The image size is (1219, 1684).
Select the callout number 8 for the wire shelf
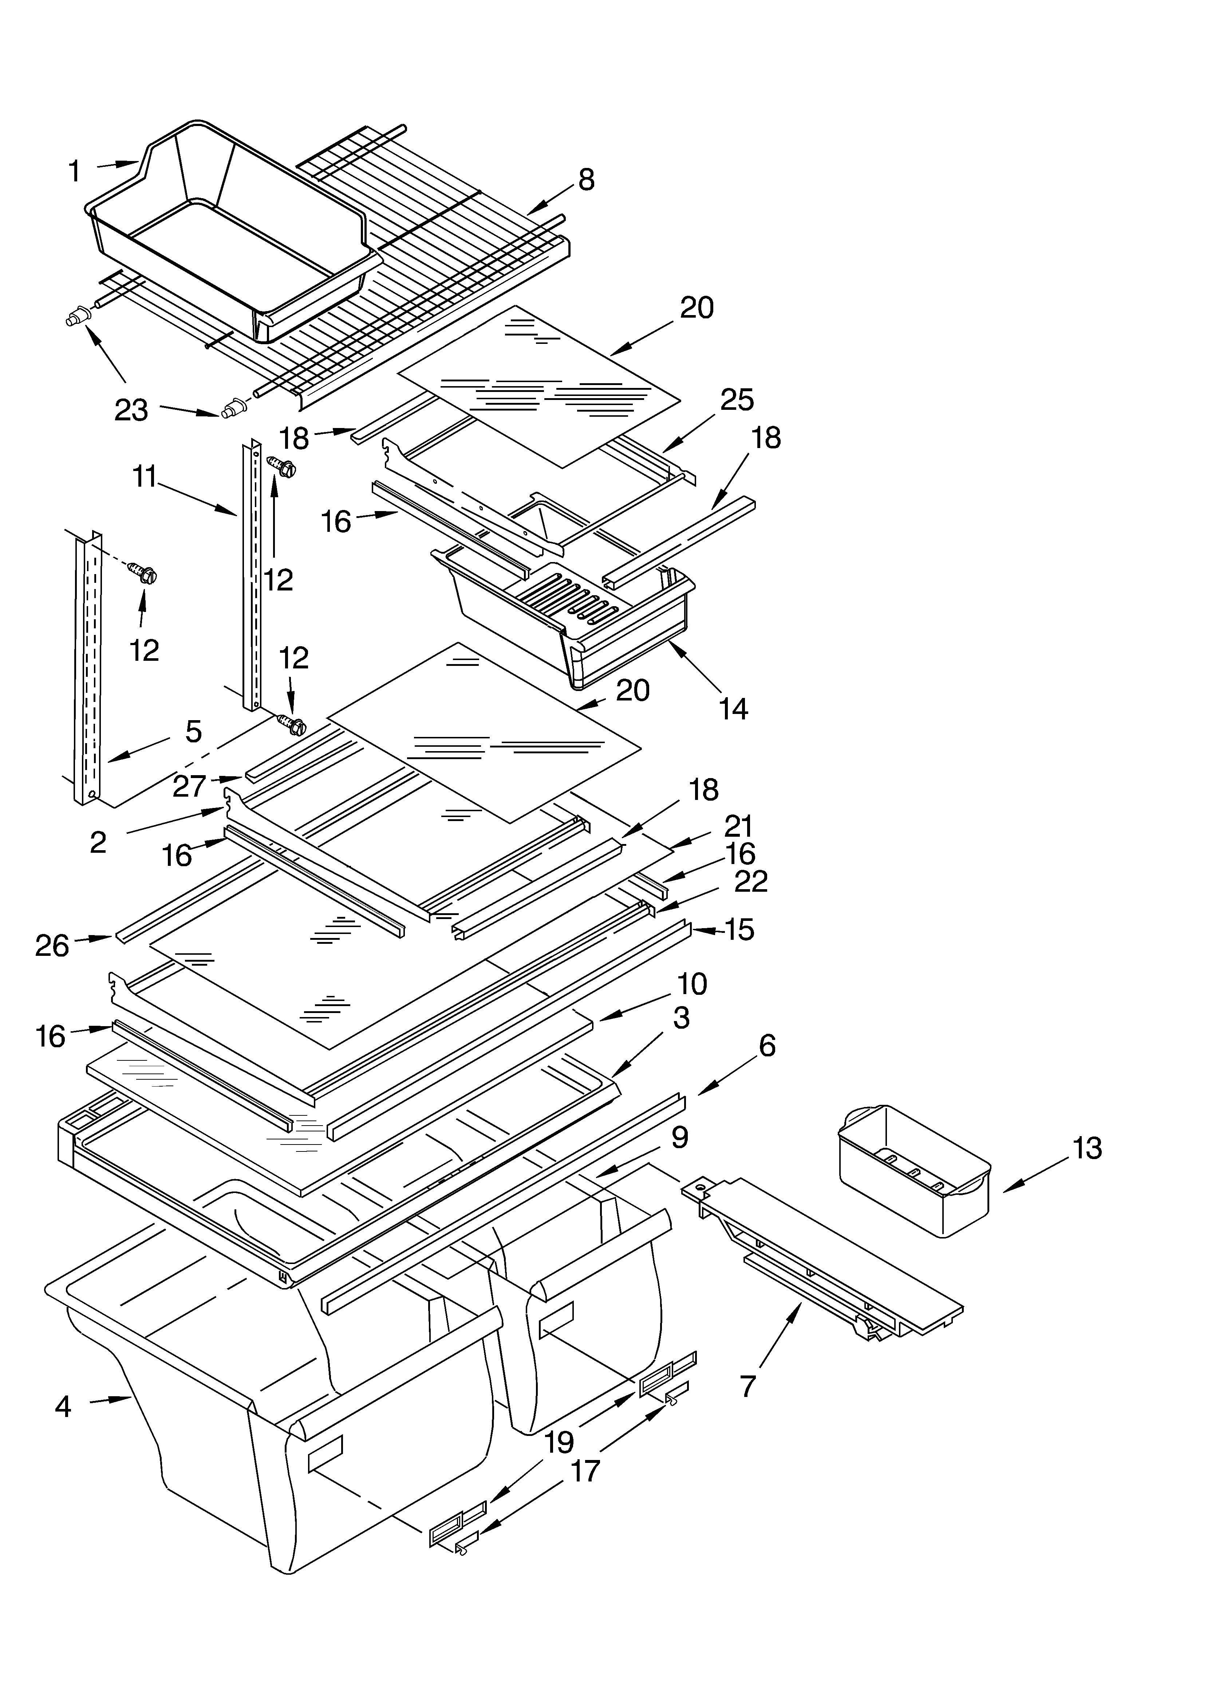(x=587, y=180)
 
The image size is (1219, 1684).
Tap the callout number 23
(x=131, y=410)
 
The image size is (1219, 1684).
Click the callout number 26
(x=52, y=946)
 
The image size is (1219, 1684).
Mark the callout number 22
(x=750, y=882)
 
